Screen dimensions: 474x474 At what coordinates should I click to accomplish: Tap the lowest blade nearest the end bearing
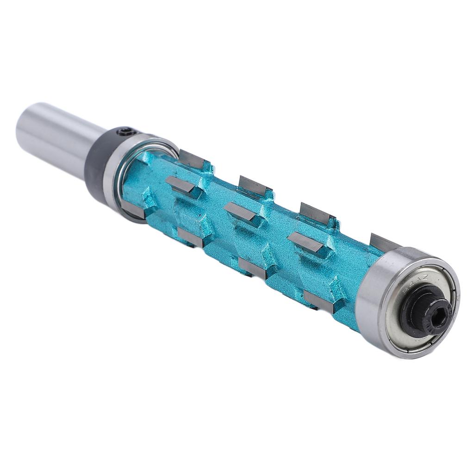319,301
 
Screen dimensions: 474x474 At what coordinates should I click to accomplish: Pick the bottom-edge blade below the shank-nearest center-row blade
190,237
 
